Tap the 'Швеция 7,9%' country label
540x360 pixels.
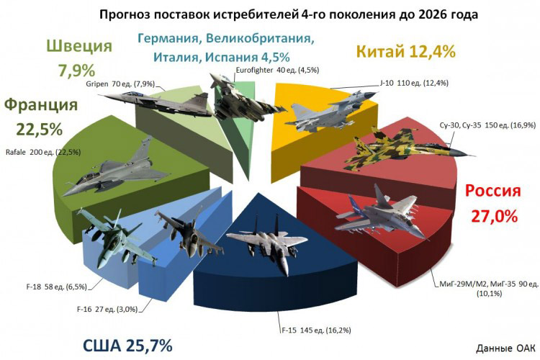click(x=79, y=58)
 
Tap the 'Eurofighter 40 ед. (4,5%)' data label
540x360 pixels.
click(x=277, y=71)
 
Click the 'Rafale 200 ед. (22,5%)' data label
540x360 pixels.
click(x=49, y=152)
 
